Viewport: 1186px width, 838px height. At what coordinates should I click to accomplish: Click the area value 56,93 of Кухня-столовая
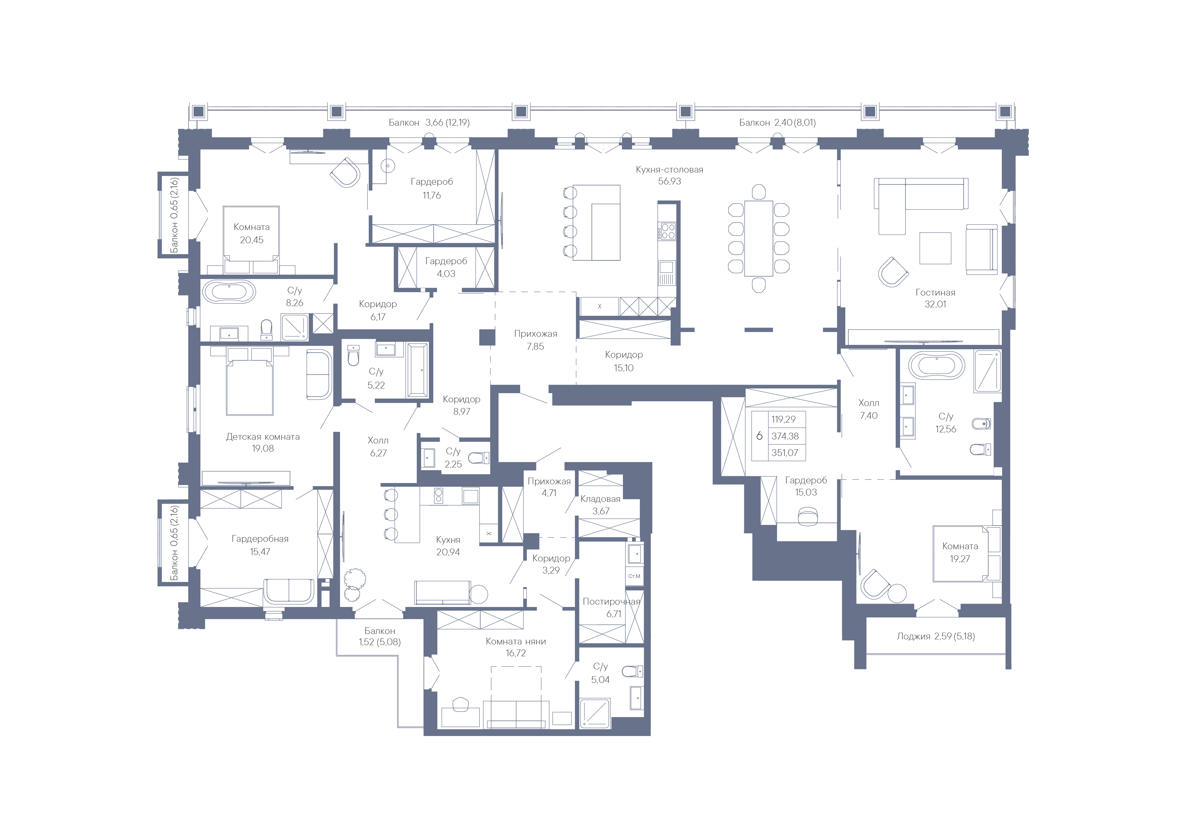click(x=670, y=181)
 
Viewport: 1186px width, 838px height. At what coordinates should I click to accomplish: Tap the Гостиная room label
click(x=936, y=292)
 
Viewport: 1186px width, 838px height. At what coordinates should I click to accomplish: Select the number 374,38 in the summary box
click(x=785, y=436)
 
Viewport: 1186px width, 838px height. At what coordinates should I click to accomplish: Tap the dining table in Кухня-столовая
click(x=758, y=238)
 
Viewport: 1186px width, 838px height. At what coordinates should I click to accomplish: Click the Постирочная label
click(x=612, y=602)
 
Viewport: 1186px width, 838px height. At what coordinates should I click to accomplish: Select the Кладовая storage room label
click(x=600, y=499)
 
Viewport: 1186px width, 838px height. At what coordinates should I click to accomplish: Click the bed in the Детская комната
click(x=249, y=382)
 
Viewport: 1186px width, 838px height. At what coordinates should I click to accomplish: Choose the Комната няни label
click(x=515, y=641)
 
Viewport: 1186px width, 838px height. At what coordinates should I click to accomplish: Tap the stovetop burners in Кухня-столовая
click(x=667, y=231)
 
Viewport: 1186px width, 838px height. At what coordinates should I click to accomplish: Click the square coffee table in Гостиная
click(x=935, y=248)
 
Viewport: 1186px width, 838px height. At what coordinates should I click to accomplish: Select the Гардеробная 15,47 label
click(x=260, y=545)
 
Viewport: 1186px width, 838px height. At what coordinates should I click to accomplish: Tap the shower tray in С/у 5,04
click(x=595, y=714)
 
